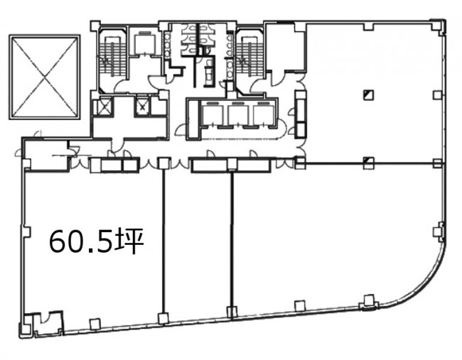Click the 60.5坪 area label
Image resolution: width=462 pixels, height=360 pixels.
coord(96,241)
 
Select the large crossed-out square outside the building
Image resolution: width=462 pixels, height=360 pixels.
coord(45,77)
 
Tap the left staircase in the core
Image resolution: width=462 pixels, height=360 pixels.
coord(113,57)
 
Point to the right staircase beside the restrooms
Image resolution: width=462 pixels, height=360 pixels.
coord(250,57)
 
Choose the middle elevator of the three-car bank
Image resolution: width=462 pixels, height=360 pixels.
coord(238,115)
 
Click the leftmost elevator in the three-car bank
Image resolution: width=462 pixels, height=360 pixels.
coord(213,115)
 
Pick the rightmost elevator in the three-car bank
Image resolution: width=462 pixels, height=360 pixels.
coord(264,115)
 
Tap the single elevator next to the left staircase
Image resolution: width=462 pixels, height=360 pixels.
coord(145,43)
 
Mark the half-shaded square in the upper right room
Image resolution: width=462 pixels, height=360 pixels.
coord(369,94)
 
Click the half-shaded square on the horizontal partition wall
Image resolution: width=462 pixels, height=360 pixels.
coord(369,161)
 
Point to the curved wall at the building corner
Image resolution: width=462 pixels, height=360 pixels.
coord(419,283)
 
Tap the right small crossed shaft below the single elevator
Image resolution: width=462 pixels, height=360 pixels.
coord(143,106)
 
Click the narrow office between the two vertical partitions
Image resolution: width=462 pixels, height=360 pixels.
coord(198,244)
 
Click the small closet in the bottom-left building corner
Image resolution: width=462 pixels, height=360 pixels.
coord(47,323)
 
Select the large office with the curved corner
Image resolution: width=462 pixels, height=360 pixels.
coord(336,236)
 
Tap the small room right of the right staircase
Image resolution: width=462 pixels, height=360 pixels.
coord(285,48)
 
